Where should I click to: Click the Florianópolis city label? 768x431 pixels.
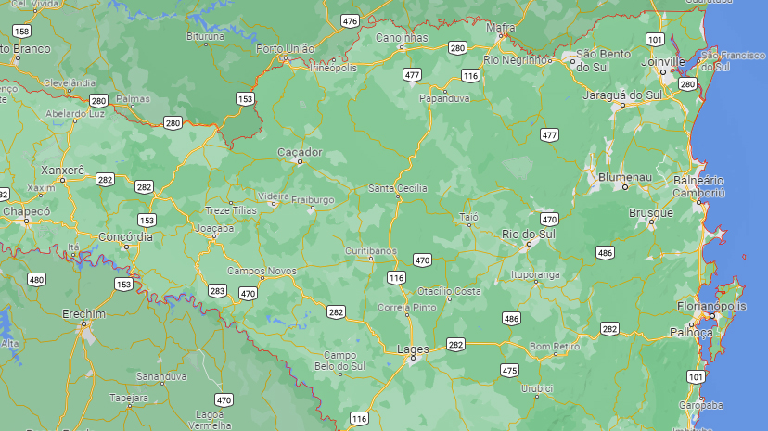(x=710, y=306)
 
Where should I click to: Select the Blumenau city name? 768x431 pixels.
(x=625, y=176)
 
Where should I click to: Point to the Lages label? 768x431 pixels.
(x=412, y=349)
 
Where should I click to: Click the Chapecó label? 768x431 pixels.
(x=26, y=211)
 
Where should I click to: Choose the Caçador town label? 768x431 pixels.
(x=300, y=152)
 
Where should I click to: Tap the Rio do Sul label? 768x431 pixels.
(x=528, y=234)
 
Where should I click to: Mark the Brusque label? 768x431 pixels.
(x=650, y=213)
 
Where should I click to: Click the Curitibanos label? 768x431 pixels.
(x=371, y=250)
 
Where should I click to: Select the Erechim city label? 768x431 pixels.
(x=84, y=314)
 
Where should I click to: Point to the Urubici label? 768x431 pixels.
(x=536, y=388)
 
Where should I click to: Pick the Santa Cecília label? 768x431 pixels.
(x=398, y=188)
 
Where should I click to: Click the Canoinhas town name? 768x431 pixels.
(x=402, y=38)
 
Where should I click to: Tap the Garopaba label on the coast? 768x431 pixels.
(x=699, y=405)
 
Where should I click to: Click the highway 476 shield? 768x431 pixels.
(x=350, y=20)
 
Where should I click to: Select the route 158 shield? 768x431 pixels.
(x=21, y=31)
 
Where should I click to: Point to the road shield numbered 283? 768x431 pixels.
(x=217, y=291)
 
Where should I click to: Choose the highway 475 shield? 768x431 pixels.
(x=509, y=371)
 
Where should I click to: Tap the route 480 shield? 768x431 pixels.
(x=37, y=279)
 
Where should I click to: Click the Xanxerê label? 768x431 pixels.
(x=63, y=171)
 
